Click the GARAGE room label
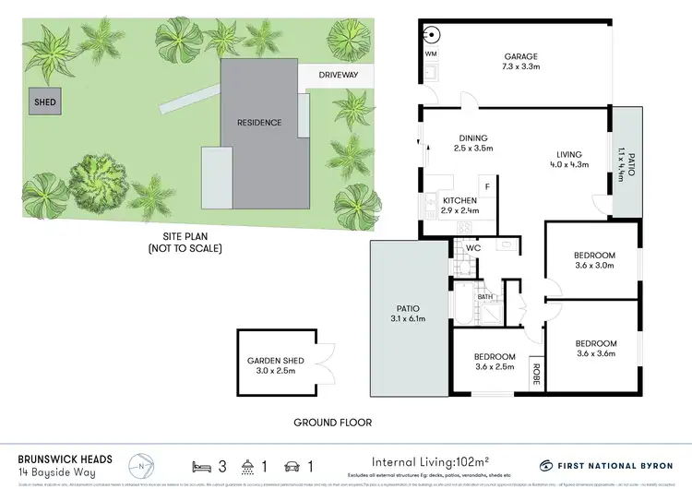pyautogui.click(x=521, y=54)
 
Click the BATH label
pyautogui.click(x=485, y=297)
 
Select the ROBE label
pyautogui.click(x=534, y=374)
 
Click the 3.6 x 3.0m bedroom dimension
pyautogui.click(x=594, y=268)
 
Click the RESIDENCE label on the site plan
pyautogui.click(x=258, y=122)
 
